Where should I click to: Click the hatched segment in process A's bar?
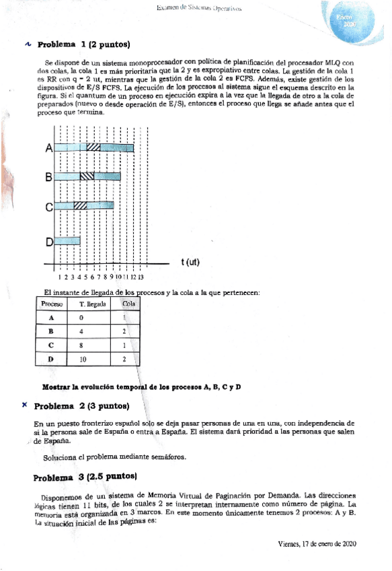click(x=93, y=147)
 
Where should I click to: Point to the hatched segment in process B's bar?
click(x=87, y=177)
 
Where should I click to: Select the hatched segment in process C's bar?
click(x=80, y=205)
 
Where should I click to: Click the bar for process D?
click(x=67, y=240)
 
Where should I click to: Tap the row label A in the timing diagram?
click(x=48, y=148)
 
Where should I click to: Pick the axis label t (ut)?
click(x=190, y=262)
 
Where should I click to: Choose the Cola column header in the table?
click(x=128, y=304)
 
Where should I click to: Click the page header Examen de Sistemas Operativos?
click(x=199, y=8)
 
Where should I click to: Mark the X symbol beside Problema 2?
click(x=24, y=405)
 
